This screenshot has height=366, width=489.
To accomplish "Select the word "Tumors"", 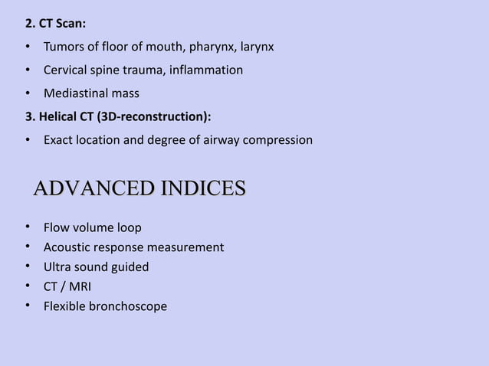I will click(x=64, y=47).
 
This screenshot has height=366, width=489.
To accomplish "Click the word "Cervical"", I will click(x=67, y=70).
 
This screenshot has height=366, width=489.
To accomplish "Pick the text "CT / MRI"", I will click(x=67, y=287).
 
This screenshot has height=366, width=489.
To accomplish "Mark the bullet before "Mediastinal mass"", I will click(x=27, y=93).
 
